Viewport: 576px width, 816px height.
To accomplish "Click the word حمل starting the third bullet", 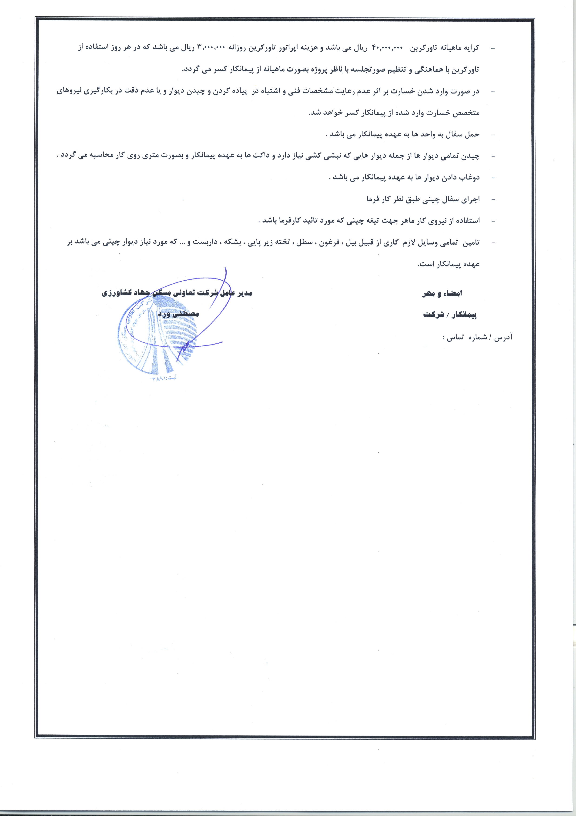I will click(472, 134).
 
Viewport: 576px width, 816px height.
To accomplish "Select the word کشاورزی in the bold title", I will click(117, 293).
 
